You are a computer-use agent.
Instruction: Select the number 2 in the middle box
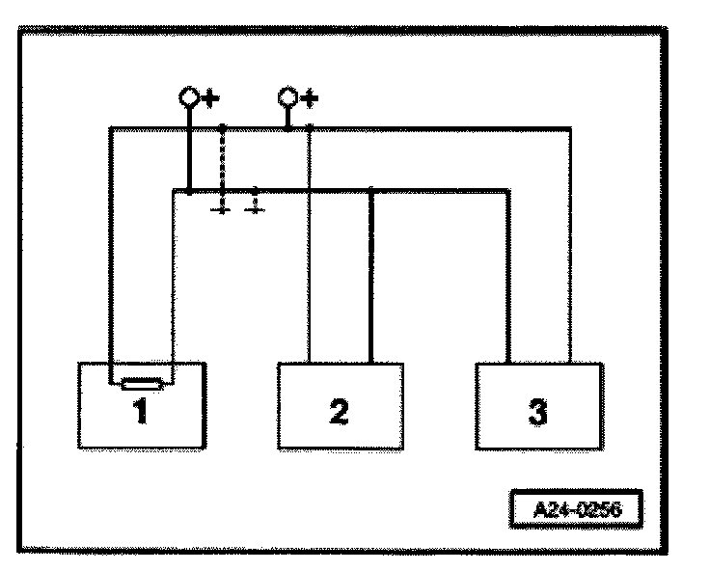[339, 412]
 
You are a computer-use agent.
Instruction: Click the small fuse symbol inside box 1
[141, 383]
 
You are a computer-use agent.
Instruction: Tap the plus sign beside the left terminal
[208, 97]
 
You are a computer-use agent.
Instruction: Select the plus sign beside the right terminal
[309, 97]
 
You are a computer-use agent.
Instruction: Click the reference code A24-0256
[576, 504]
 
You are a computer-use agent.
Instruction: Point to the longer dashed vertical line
[223, 164]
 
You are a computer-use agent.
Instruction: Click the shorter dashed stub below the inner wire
[255, 201]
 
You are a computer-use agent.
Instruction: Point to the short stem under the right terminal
[287, 117]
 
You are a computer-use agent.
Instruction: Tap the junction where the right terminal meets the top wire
[287, 127]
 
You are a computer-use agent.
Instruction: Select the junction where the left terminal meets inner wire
[190, 190]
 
